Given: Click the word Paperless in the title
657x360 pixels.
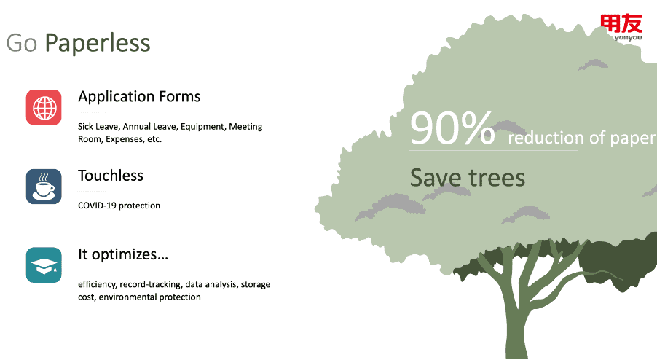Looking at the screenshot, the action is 97,43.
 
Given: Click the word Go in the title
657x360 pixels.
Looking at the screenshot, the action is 22,43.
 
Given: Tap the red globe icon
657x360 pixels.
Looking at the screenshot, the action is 44,107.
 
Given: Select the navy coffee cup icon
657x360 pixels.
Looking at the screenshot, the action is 44,187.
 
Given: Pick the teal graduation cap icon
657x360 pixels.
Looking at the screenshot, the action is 44,265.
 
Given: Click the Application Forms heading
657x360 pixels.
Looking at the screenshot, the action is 139,97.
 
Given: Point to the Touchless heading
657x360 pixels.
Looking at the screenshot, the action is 111,176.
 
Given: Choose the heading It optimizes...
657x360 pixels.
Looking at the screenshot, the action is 123,254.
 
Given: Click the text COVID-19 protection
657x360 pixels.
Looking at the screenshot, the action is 119,206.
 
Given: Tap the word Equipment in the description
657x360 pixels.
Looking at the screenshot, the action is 203,127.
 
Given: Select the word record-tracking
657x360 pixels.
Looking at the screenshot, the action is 151,284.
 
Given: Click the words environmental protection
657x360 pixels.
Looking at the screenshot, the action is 149,297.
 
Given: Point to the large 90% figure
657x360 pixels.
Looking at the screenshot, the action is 452,128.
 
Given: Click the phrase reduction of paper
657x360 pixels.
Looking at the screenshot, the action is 582,138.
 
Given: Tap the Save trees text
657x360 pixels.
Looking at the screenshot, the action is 467,178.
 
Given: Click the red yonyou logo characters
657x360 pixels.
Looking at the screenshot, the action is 621,23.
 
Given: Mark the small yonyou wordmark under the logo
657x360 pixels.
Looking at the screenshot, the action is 628,38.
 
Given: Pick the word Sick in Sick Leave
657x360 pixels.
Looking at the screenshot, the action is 85,127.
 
